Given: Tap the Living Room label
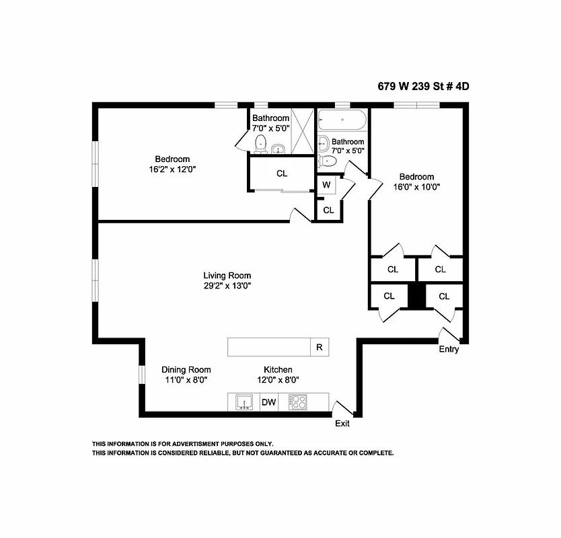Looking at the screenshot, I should pos(227,275).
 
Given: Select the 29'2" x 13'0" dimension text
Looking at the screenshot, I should pos(227,285).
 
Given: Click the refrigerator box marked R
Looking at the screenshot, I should pos(319,348).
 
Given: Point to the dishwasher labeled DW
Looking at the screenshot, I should pos(269,402).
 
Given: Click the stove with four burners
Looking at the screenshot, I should pos(297,402).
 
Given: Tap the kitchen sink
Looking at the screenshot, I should pos(244,402).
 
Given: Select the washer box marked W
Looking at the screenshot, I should pos(326,185).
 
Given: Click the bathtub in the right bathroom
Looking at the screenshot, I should pos(342,122).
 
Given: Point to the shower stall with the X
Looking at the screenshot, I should pos(303,132).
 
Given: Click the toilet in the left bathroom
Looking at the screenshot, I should pos(261,143).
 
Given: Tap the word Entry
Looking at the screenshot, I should pos(449,349).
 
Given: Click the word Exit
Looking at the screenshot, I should pos(342,424).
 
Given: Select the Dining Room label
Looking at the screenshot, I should pos(186,370).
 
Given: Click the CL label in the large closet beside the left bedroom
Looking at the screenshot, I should pos(282,174).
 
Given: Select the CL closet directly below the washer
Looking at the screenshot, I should pos(328,210).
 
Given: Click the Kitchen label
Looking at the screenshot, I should pos(278,370).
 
